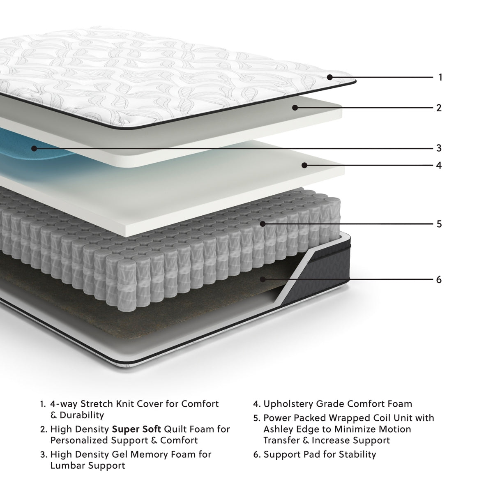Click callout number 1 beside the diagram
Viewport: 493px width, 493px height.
point(440,77)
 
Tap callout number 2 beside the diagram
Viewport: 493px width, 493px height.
point(439,108)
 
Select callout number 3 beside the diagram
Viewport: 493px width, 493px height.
point(439,148)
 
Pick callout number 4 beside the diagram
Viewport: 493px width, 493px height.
point(439,166)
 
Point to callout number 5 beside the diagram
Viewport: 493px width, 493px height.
point(439,224)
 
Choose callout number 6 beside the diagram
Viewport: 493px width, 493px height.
point(439,280)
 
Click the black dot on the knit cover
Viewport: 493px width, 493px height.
point(330,77)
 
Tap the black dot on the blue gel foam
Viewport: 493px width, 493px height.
point(35,148)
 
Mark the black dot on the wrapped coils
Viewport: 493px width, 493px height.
point(263,224)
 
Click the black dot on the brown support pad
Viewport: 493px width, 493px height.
point(263,279)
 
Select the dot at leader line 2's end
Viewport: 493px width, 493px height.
point(295,108)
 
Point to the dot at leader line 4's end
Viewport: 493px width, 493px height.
point(304,165)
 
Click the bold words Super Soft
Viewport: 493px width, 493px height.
point(136,429)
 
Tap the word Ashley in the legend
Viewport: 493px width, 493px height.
point(278,429)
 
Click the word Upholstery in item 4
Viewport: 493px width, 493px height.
point(288,404)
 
